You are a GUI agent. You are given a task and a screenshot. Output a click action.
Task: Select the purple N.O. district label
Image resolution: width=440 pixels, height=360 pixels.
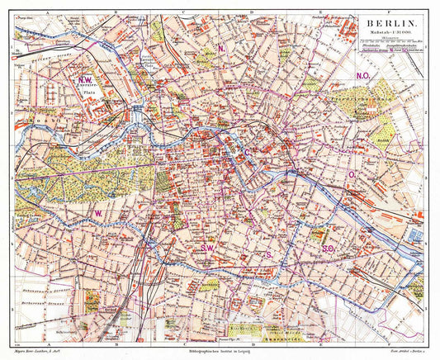362,76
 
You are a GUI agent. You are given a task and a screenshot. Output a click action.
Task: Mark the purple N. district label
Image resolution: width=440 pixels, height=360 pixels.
222,49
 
